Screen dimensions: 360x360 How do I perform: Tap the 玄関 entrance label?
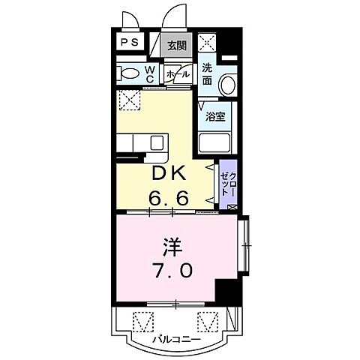(x=176, y=44)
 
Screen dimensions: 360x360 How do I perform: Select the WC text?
(x=149, y=73)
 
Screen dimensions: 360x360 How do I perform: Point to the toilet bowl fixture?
(x=129, y=74)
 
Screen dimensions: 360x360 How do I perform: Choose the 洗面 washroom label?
(x=208, y=73)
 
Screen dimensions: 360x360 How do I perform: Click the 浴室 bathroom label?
(x=216, y=118)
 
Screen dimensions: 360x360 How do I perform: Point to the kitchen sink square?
(x=159, y=142)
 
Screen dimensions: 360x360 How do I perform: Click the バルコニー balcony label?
(x=174, y=338)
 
